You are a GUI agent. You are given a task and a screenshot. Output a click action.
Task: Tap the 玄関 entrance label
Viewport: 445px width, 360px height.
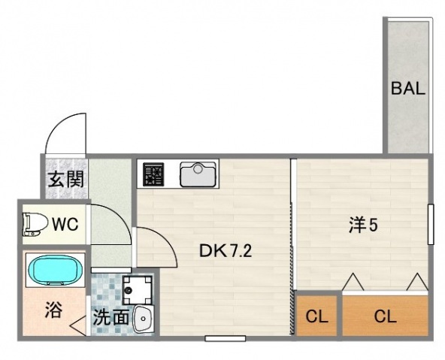66,180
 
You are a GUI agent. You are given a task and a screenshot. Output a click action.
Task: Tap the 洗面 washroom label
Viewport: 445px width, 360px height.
110,317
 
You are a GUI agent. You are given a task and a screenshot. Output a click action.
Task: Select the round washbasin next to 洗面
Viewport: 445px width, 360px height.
143,319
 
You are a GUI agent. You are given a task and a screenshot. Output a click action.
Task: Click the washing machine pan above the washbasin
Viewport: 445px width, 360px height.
138,288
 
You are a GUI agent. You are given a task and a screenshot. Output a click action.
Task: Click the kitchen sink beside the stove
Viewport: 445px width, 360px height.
198,174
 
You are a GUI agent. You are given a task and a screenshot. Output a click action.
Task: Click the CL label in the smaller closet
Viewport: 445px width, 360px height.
316,316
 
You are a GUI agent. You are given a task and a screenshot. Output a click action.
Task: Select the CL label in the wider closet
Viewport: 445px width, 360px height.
385,316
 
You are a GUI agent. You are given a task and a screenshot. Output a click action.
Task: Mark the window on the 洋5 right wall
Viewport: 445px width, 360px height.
431,224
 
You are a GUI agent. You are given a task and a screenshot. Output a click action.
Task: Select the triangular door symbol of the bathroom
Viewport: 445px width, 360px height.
77,325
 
